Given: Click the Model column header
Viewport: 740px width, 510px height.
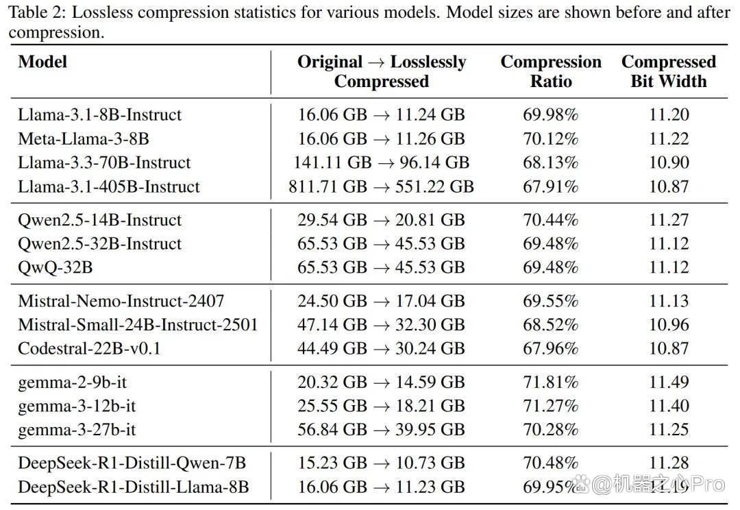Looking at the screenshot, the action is tap(42, 62).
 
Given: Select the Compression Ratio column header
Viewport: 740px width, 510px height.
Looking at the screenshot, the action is tap(551, 71).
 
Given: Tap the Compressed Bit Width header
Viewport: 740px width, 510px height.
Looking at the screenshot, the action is tap(669, 71).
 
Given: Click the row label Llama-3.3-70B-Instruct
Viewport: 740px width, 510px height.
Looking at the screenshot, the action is tap(104, 162).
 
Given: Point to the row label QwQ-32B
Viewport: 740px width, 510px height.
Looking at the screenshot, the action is tap(56, 267).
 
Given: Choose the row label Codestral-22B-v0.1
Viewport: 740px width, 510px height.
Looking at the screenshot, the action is tap(89, 348).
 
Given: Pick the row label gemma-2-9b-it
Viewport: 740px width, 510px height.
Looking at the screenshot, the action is tap(72, 382).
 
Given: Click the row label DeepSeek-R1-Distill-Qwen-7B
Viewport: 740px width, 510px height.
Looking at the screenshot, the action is tap(132, 463).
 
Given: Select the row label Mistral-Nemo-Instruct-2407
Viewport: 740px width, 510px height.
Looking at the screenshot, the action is tap(121, 301).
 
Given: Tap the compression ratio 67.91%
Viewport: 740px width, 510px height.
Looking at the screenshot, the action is tap(550, 186).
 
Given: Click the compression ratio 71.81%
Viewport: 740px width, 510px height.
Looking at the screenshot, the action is tap(550, 382).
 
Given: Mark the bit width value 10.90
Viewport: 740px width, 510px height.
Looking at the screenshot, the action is tap(669, 162).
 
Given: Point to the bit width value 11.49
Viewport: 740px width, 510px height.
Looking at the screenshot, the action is tap(669, 382).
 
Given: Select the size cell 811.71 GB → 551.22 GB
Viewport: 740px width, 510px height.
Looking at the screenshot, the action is tap(381, 186).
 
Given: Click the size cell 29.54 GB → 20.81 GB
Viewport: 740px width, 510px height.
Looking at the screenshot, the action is tap(381, 220).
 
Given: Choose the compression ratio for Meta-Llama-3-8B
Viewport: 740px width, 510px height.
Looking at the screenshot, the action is tap(550, 139).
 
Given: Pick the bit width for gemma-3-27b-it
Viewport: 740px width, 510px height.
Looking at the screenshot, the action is tap(669, 430).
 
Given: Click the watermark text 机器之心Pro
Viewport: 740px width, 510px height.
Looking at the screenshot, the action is tap(658, 485).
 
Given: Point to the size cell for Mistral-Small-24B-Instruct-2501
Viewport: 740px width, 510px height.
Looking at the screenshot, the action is tap(381, 325).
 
